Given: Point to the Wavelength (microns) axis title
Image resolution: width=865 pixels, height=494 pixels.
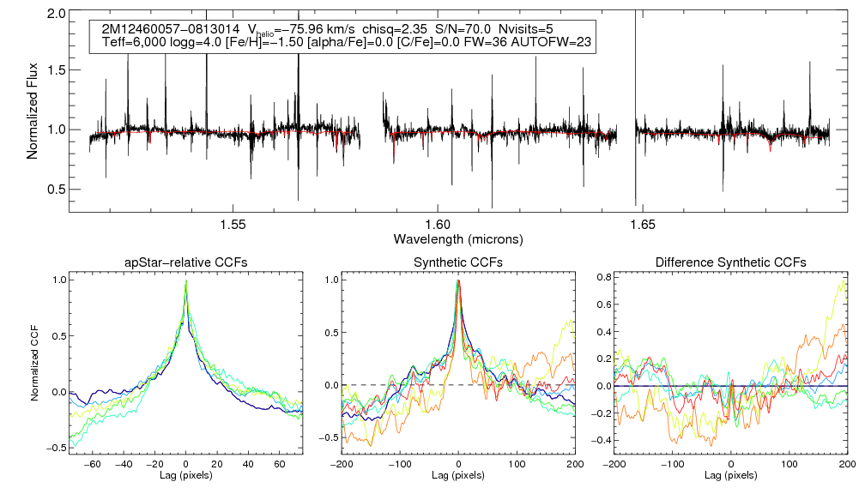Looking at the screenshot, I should click(x=458, y=238).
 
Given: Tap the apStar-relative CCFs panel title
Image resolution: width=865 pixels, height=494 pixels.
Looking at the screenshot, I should click(x=186, y=262).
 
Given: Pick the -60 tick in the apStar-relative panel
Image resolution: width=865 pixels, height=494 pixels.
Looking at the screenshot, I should click(x=94, y=463).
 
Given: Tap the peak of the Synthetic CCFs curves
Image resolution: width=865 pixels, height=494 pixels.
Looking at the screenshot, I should click(x=459, y=281).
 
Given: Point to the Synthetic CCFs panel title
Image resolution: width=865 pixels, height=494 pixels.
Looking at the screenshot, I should click(x=458, y=262).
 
